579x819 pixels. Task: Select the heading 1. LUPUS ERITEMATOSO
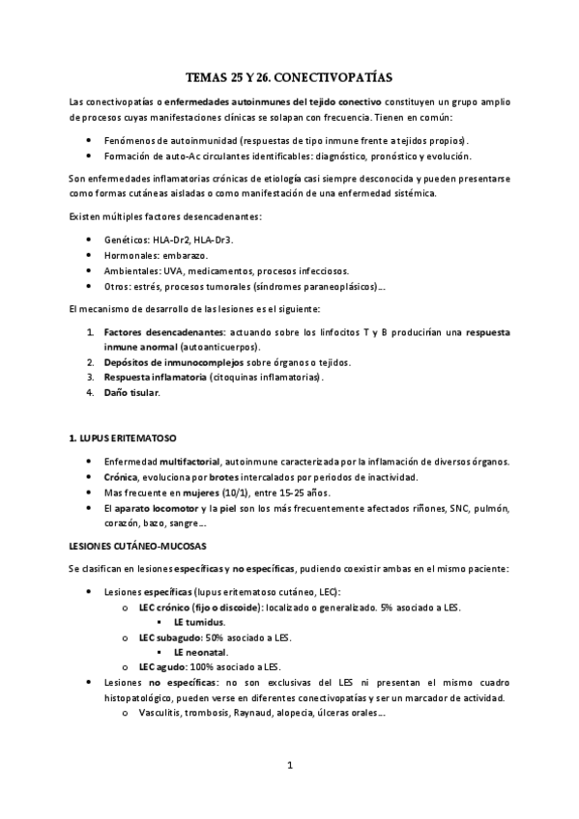pos(122,438)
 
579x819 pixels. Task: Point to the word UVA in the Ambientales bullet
pos(163,270)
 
